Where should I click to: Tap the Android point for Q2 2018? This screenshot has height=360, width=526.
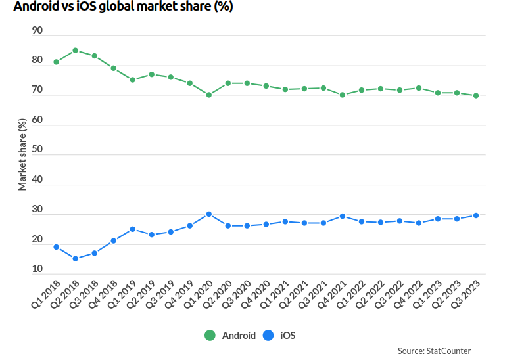pos(76,50)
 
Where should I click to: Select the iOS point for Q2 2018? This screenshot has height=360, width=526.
pos(76,259)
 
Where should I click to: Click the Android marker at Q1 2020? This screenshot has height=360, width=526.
pos(209,95)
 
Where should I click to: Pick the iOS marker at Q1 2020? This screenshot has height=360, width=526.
pos(209,214)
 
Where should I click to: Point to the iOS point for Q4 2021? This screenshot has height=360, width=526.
pos(343,216)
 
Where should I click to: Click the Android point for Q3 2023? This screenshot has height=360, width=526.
pos(476,96)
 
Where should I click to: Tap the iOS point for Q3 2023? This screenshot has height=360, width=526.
pos(476,215)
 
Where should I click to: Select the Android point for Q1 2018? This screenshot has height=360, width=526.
pos(57,62)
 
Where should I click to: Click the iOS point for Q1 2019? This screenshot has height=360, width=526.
pos(133,229)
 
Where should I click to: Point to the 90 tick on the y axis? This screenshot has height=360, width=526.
pos(37,31)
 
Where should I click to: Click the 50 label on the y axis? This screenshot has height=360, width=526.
pos(37,150)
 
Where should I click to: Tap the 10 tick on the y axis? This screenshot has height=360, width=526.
pos(37,269)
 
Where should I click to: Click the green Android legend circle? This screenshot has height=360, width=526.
pos(210,336)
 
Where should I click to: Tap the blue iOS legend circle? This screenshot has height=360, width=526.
pos(268,336)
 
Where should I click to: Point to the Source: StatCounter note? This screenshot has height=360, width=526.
pos(434,351)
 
